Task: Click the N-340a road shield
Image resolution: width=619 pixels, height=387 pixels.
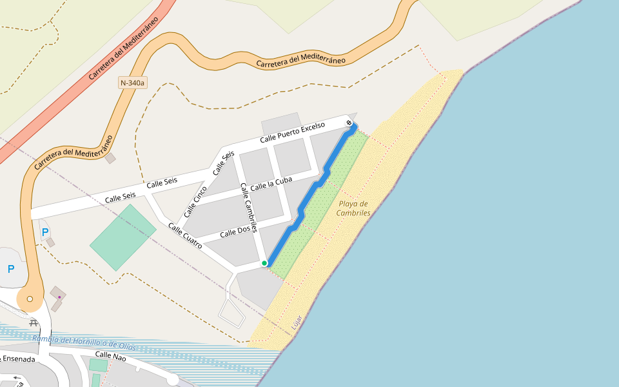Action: click(133, 83)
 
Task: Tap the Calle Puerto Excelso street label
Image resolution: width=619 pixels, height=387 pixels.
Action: click(303, 131)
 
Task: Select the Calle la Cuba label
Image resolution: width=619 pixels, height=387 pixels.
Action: click(271, 183)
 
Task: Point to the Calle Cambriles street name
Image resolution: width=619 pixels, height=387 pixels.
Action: click(249, 208)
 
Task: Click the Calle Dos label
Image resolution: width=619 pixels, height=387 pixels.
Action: click(235, 232)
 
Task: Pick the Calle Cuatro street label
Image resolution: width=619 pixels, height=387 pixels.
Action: click(186, 236)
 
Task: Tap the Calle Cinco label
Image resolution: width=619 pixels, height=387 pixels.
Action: click(195, 201)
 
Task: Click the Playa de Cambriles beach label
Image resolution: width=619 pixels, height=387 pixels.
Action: click(354, 208)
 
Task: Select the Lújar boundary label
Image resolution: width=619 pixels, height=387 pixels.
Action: click(297, 322)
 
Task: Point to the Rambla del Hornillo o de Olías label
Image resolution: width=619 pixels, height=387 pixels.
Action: click(84, 343)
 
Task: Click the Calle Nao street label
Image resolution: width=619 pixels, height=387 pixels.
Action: click(111, 355)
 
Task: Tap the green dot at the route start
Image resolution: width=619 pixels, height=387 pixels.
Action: click(264, 263)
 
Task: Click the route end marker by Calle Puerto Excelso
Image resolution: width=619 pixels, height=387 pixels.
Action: click(349, 123)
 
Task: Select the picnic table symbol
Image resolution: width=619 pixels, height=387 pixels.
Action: click(34, 323)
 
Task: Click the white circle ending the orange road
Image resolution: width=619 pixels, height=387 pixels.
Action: click(30, 299)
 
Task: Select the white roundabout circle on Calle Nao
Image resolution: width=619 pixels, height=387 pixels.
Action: click(173, 379)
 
